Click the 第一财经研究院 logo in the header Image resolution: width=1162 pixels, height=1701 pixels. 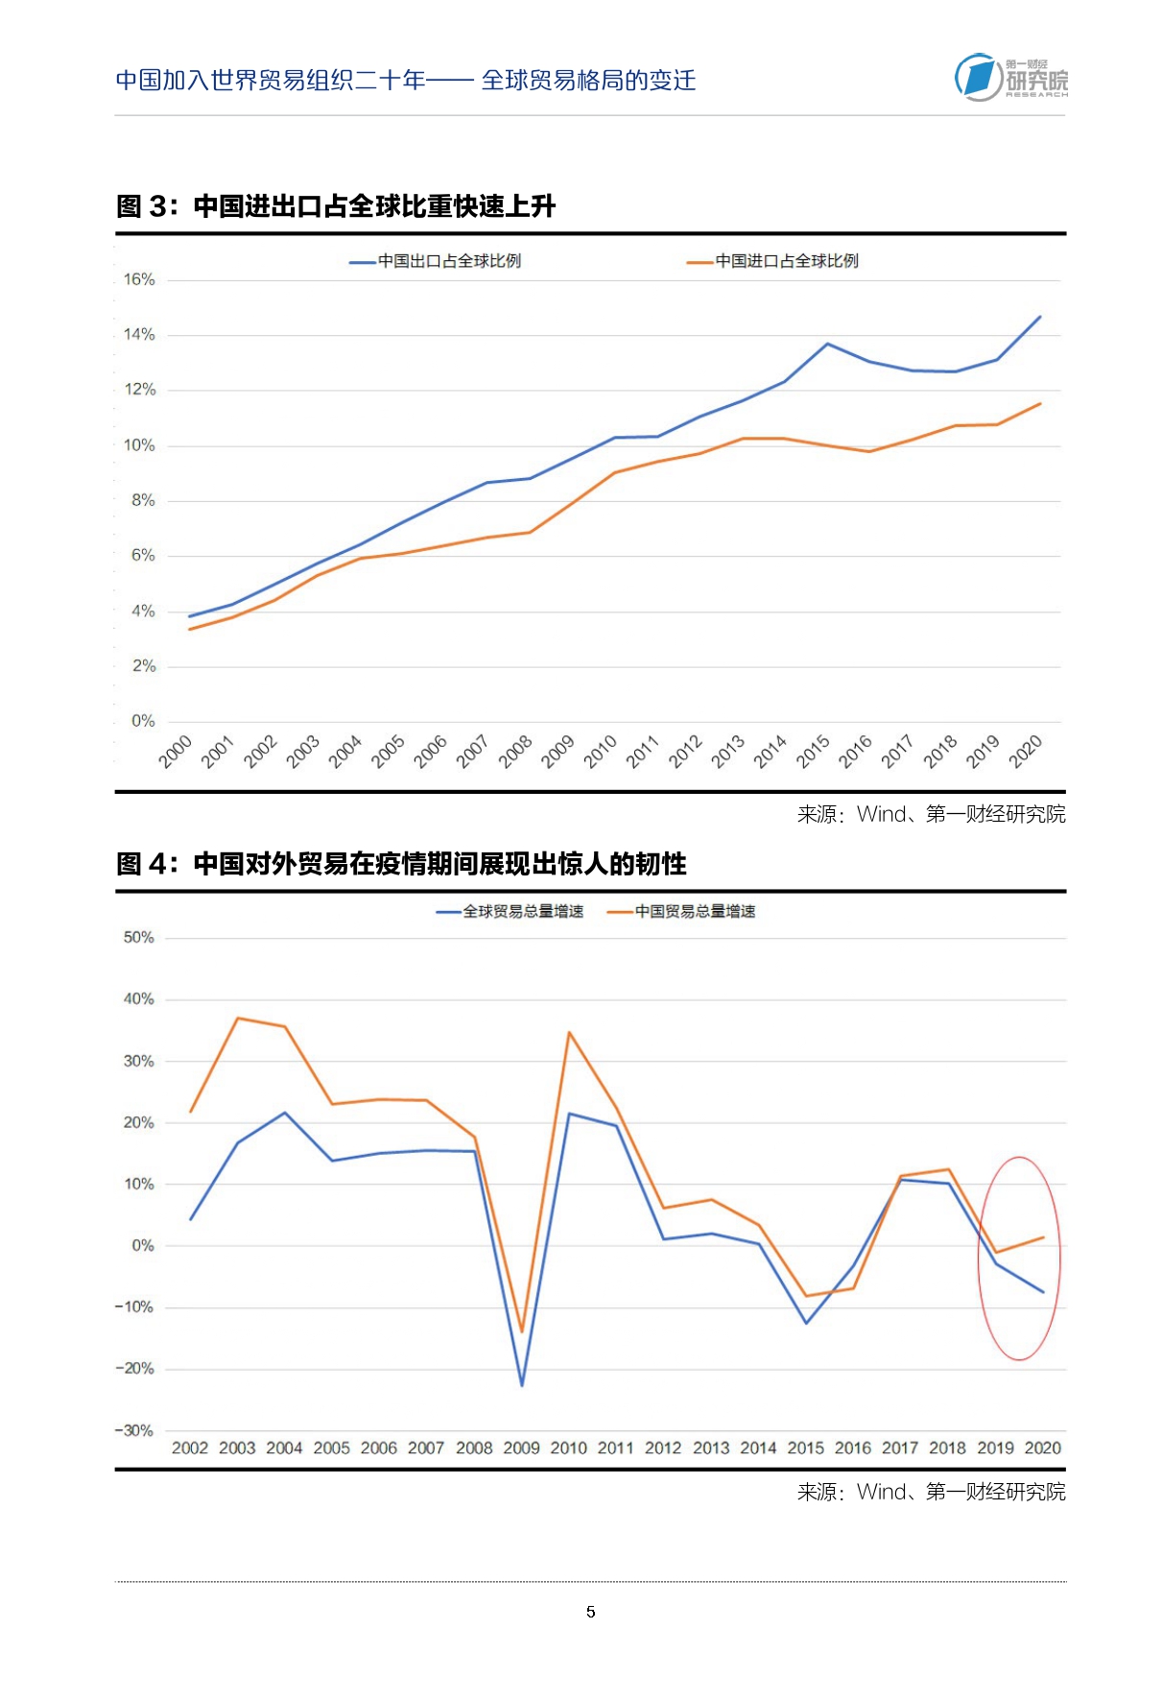click(1010, 78)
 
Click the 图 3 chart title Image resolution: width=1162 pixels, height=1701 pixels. click(336, 206)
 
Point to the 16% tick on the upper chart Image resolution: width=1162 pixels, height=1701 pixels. click(140, 279)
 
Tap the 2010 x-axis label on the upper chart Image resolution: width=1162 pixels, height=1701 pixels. click(601, 751)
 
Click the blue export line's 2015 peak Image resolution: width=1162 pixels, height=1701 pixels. click(828, 344)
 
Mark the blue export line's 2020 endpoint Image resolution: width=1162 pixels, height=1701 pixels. click(1040, 317)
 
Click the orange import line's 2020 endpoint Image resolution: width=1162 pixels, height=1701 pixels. click(1040, 404)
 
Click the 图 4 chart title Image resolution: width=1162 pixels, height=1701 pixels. click(401, 864)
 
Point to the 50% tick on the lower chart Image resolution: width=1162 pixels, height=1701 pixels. click(139, 938)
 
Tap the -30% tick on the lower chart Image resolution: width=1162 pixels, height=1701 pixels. click(135, 1430)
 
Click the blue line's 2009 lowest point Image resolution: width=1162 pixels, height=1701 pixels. click(522, 1385)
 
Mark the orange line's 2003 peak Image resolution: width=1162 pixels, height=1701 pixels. click(238, 1018)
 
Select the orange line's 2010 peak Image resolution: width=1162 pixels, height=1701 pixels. click(569, 1033)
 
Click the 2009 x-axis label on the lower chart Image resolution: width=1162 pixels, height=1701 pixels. click(522, 1449)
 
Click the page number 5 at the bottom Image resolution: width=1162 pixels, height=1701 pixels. click(591, 1612)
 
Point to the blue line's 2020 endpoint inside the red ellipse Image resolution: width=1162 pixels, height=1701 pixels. click(1043, 1292)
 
